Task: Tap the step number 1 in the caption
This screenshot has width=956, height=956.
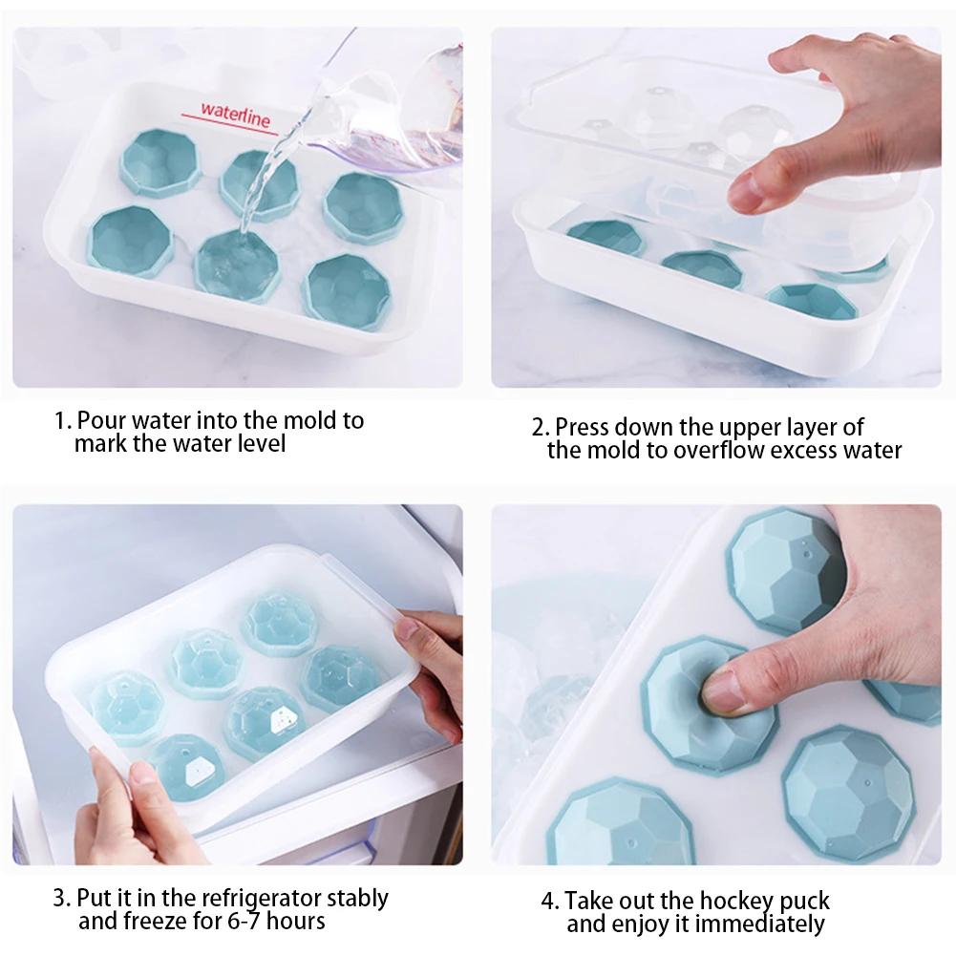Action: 59,421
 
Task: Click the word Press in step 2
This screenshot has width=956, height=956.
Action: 582,427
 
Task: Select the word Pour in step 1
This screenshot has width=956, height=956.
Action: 98,421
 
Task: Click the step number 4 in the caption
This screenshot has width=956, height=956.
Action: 548,902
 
